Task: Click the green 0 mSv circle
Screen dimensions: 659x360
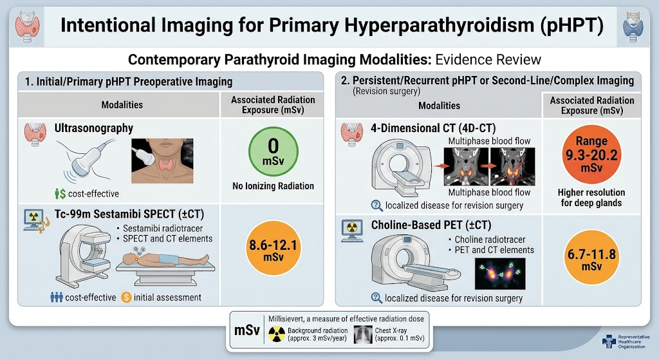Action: coord(273,152)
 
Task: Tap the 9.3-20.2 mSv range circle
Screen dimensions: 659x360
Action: coord(591,154)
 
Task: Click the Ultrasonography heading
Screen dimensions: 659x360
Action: coord(94,128)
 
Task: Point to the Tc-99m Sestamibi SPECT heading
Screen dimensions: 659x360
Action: coord(129,214)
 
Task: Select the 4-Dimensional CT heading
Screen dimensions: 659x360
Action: coord(433,128)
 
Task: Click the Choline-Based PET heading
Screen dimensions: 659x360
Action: coord(431,225)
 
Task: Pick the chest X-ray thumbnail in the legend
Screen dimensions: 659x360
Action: coord(363,335)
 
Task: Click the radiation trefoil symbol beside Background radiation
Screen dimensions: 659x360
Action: coord(277,334)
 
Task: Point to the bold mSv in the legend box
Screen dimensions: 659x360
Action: coord(246,330)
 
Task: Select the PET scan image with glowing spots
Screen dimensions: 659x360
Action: coord(500,273)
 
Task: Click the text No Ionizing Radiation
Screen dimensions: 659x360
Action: coord(273,186)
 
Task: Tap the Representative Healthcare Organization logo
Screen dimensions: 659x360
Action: coord(626,341)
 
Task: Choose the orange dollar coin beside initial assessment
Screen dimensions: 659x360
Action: coord(126,298)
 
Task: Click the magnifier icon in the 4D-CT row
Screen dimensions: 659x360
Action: coord(376,205)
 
